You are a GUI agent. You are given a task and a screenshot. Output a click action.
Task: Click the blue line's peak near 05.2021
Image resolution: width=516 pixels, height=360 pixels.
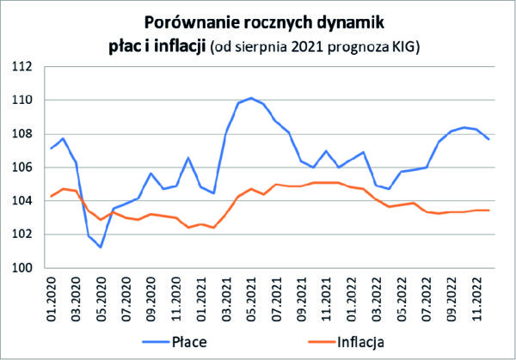[x=250, y=98]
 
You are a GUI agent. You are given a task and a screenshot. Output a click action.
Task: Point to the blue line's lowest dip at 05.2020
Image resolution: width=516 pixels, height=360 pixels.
[x=101, y=247]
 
